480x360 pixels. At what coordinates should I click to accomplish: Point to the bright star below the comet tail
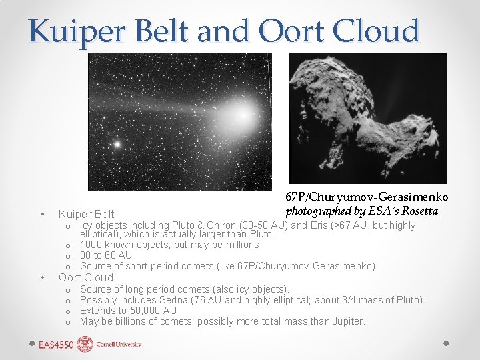click(117, 143)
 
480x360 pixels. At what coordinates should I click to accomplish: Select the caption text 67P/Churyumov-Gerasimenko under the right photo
click(367, 197)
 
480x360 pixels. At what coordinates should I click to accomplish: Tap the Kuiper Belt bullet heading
click(86, 214)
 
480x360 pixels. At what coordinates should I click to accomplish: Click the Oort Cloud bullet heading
click(86, 277)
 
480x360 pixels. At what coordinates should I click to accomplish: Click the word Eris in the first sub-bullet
click(323, 225)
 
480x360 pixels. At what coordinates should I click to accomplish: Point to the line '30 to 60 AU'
click(106, 255)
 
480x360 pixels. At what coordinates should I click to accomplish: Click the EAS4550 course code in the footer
click(57, 345)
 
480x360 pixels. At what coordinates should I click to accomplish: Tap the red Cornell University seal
click(85, 344)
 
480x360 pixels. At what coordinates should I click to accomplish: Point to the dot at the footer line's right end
click(447, 341)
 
